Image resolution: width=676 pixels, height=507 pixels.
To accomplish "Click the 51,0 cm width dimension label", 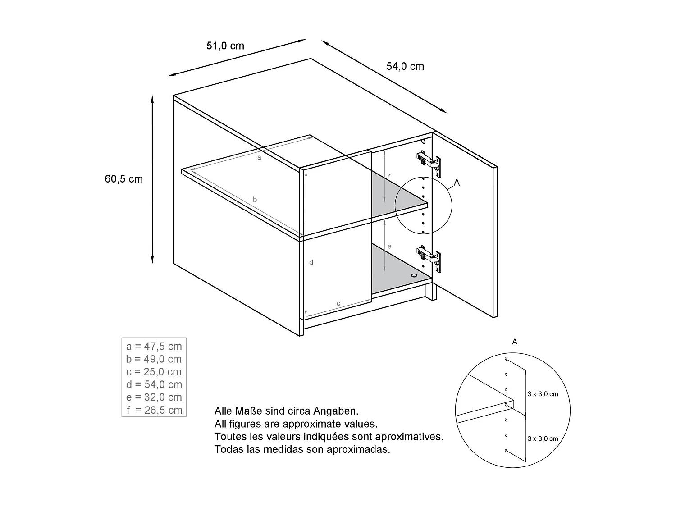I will (x=225, y=46).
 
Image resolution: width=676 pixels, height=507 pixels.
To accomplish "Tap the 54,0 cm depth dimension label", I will (x=405, y=66).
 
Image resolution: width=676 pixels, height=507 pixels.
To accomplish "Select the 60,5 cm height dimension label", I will (x=123, y=179).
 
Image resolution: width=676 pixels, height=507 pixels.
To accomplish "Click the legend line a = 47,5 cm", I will (x=154, y=346).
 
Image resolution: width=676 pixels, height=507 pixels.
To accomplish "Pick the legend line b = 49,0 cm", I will (x=154, y=359).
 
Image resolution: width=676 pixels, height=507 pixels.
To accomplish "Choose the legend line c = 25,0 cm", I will (x=154, y=372).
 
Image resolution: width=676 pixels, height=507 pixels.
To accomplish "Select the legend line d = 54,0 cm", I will (x=154, y=384).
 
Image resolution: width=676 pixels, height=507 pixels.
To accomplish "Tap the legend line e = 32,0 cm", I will (x=154, y=397).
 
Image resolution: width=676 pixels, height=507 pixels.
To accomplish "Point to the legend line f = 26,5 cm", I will (x=154, y=410).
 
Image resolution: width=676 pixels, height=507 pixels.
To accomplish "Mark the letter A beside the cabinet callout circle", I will (x=457, y=183).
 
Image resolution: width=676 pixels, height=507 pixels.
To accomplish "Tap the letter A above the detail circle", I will (x=515, y=342).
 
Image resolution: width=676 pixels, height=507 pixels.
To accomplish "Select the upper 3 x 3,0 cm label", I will (x=543, y=394).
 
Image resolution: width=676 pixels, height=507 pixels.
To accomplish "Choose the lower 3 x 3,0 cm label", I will (x=543, y=438).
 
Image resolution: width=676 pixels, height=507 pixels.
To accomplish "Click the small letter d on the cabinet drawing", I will (x=311, y=262).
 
